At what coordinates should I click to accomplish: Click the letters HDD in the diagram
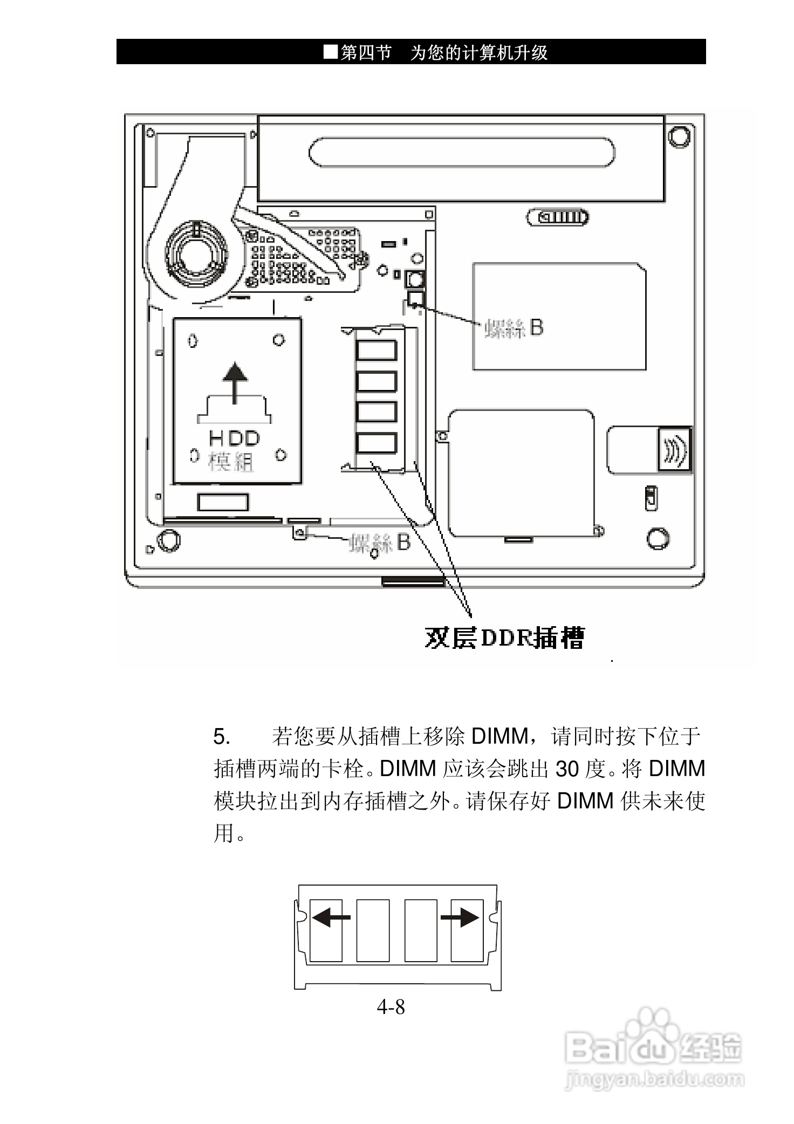click(235, 438)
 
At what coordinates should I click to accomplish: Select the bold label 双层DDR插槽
click(504, 638)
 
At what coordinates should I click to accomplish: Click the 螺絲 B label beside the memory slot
click(514, 327)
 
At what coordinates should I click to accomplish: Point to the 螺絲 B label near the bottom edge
click(380, 543)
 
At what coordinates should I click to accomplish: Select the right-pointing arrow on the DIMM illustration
click(460, 916)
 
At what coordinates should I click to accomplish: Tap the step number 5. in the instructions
click(222, 736)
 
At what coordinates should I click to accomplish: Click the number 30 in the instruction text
click(567, 769)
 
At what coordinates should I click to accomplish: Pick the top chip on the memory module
click(377, 350)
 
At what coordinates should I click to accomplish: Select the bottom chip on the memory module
click(377, 443)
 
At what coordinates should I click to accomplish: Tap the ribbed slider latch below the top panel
click(558, 217)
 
